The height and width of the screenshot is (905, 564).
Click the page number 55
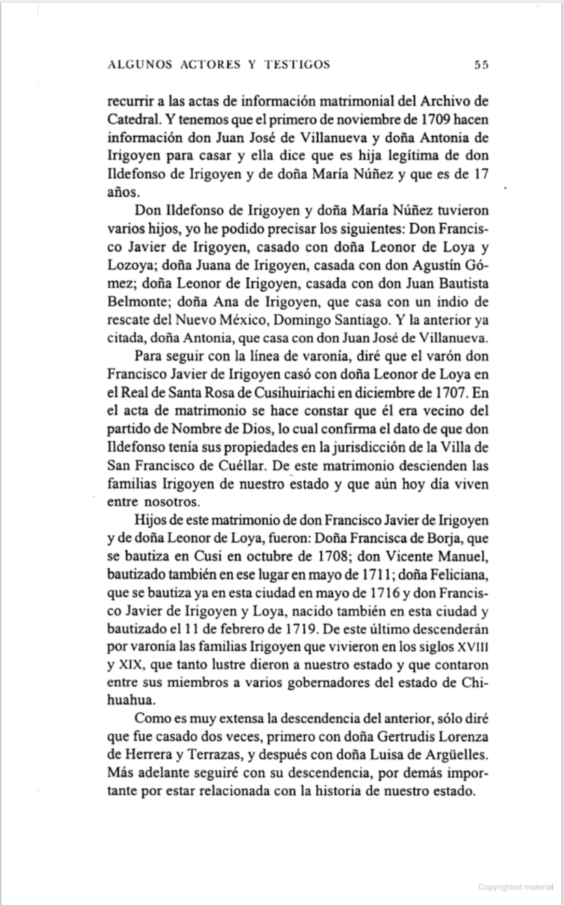[481, 66]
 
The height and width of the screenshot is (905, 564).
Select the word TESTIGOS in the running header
[298, 66]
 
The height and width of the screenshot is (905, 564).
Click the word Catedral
[134, 119]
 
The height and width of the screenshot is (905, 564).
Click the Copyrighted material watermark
[516, 887]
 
